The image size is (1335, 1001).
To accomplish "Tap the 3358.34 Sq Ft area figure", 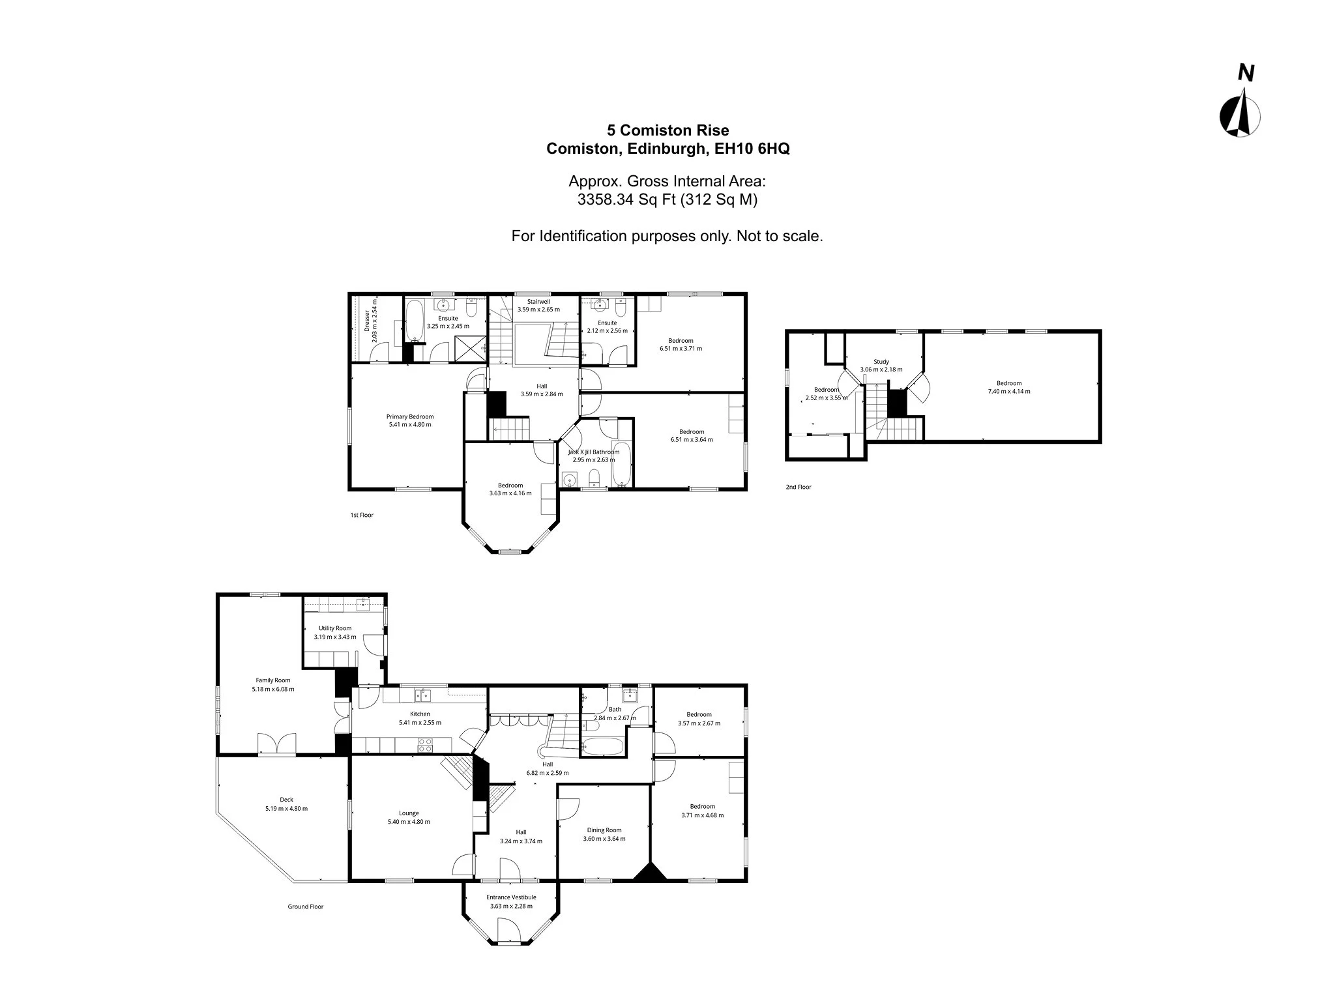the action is tap(626, 200).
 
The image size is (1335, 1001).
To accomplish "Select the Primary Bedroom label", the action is tap(409, 416).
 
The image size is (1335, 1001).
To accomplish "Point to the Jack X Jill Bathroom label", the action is tap(593, 452).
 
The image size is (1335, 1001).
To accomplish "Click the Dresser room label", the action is tap(367, 321).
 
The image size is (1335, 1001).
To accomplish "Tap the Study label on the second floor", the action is tap(881, 362).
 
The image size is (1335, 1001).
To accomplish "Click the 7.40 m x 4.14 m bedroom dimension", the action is tap(1009, 392).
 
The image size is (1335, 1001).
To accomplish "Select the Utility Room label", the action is tap(335, 628).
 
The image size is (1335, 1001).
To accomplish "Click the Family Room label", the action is tap(272, 680).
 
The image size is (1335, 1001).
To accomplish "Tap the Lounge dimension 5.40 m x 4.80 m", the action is tap(409, 822).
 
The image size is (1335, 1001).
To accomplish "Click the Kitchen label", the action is tap(420, 714).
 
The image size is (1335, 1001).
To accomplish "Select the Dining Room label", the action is tap(604, 830).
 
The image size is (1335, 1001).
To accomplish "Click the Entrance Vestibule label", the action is tap(511, 897).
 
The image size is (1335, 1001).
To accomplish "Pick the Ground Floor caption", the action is tap(306, 907).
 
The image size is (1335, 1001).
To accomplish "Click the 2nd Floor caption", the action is tap(799, 487).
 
